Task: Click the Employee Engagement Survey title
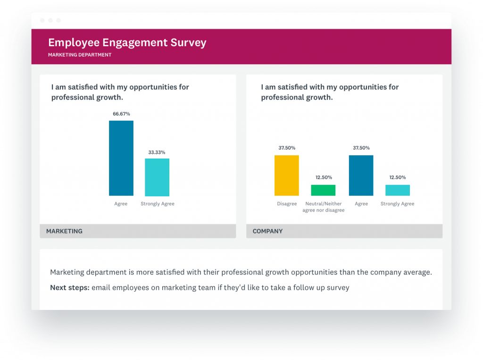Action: click(127, 42)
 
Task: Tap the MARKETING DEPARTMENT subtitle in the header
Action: click(80, 55)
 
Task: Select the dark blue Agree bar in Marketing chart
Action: click(121, 158)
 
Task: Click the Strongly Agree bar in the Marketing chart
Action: click(157, 177)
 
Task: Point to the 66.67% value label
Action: click(121, 114)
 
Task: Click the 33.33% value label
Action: click(157, 152)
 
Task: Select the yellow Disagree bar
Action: click(287, 176)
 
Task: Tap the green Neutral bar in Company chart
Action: click(323, 190)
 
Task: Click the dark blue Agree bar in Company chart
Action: click(361, 176)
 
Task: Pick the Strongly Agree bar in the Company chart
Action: click(398, 190)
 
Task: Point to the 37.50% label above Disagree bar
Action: click(287, 148)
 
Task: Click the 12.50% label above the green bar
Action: click(323, 177)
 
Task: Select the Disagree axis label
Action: click(287, 204)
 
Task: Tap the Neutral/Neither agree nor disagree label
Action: click(323, 207)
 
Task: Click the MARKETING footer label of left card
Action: click(64, 231)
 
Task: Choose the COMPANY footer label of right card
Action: click(267, 231)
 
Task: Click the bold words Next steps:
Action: click(69, 287)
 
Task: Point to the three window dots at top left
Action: click(50, 21)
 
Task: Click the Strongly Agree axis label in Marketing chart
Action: click(157, 204)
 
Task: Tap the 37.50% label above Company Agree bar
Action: click(361, 148)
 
